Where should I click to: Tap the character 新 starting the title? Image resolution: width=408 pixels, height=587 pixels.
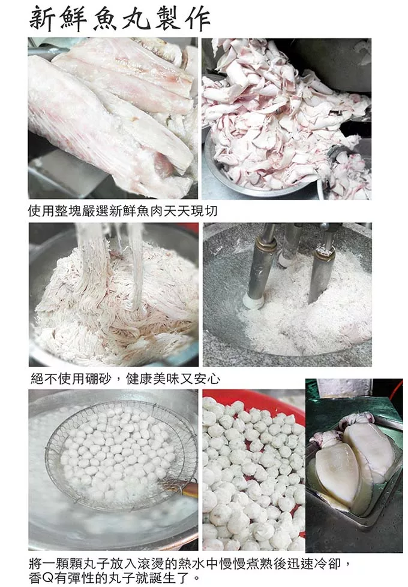(43, 19)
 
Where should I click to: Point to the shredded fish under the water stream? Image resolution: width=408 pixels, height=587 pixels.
(116, 303)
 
